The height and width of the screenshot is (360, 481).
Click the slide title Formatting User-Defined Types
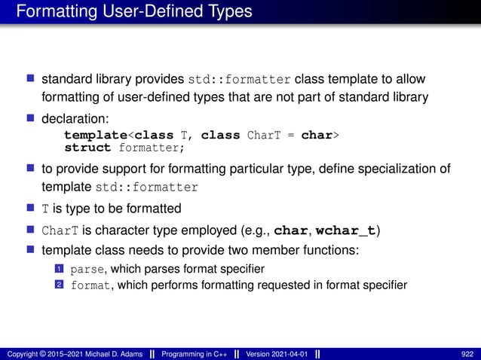pos(133,12)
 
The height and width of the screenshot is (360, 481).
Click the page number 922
pos(468,354)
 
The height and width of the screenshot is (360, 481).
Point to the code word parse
pos(87,269)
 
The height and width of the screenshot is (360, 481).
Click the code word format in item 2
pos(90,285)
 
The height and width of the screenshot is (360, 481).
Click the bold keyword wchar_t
pos(348,229)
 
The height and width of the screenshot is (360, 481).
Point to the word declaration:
pos(75,119)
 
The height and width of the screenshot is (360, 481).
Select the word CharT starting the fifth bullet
pos(56,230)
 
